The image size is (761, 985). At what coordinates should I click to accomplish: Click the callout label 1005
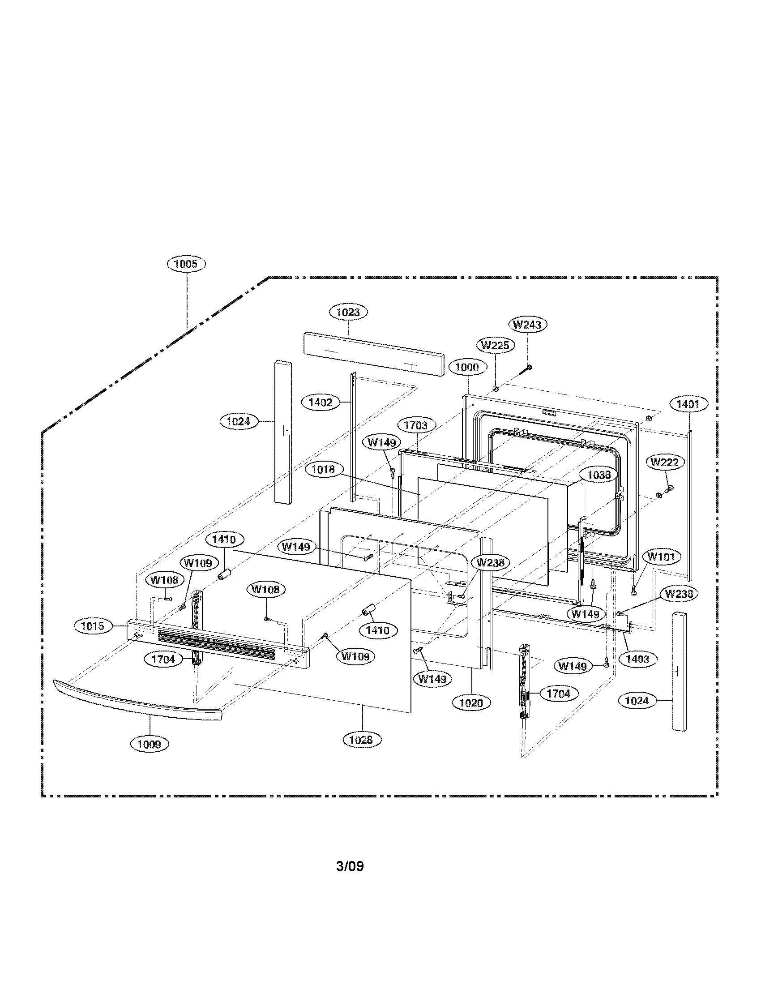186,264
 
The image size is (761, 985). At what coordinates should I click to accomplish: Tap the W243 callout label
528,324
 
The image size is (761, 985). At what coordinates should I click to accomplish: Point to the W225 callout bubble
495,346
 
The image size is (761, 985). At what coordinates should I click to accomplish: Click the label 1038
599,475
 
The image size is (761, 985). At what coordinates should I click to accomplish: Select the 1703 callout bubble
416,425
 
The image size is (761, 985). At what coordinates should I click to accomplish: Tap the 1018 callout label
323,470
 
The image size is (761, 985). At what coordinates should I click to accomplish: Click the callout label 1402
320,403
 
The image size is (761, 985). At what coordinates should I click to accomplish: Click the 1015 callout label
92,626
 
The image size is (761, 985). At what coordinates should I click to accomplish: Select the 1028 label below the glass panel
361,740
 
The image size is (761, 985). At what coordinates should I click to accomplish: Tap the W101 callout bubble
661,557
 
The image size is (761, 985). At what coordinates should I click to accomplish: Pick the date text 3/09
350,866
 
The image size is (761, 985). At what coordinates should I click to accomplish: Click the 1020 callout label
471,702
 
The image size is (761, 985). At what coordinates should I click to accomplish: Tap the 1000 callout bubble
467,367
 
